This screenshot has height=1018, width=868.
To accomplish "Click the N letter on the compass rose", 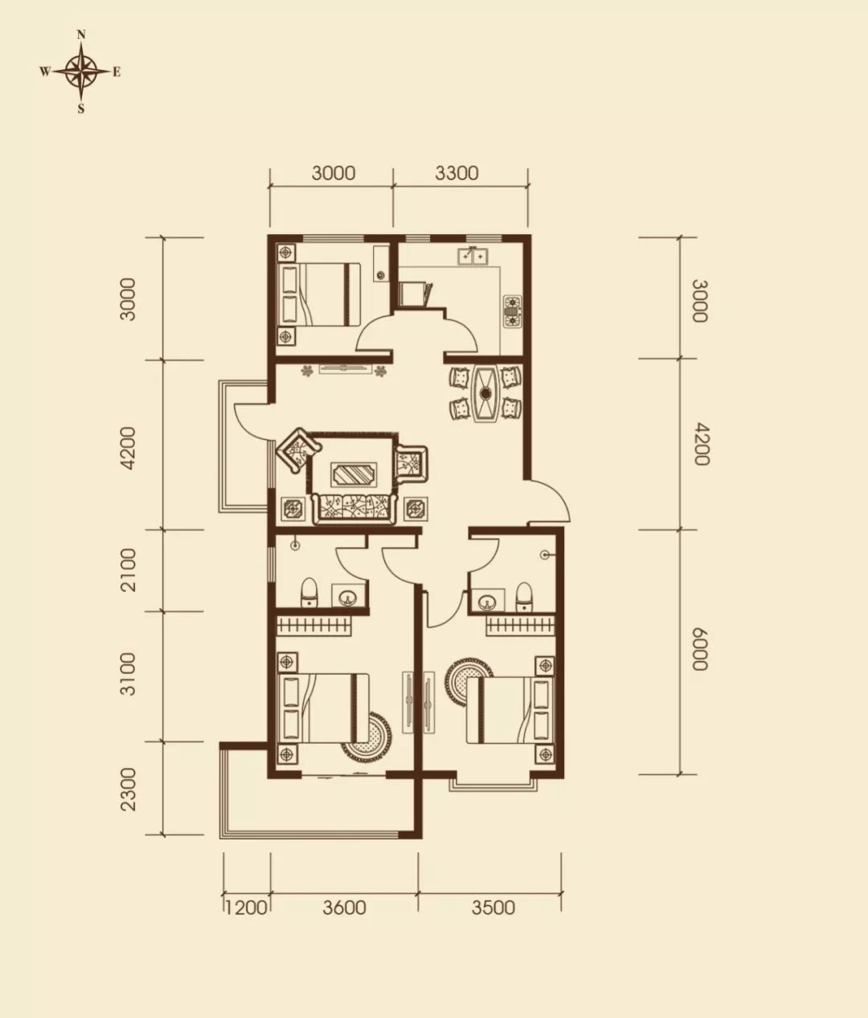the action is coord(82,35).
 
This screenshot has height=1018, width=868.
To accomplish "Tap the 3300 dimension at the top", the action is coord(457,174).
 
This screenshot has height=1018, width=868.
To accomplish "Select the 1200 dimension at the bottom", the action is coord(246,907).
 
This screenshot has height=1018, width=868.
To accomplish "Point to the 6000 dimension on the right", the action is coord(699,649).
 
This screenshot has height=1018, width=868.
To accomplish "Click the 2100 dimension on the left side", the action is coord(129,570).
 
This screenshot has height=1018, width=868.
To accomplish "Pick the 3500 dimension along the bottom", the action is coord(493,907).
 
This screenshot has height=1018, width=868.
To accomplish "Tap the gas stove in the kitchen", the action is coord(512,311).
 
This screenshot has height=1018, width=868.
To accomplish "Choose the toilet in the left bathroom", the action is coord(309,593).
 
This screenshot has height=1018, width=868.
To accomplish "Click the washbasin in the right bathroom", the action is coord(487,601).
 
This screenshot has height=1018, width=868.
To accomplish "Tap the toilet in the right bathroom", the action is coord(524,597).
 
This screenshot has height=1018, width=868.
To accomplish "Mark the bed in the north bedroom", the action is coord(319,294).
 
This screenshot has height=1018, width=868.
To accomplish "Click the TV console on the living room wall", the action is coord(344,368).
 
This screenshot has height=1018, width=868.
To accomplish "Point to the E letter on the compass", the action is coord(117,72).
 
